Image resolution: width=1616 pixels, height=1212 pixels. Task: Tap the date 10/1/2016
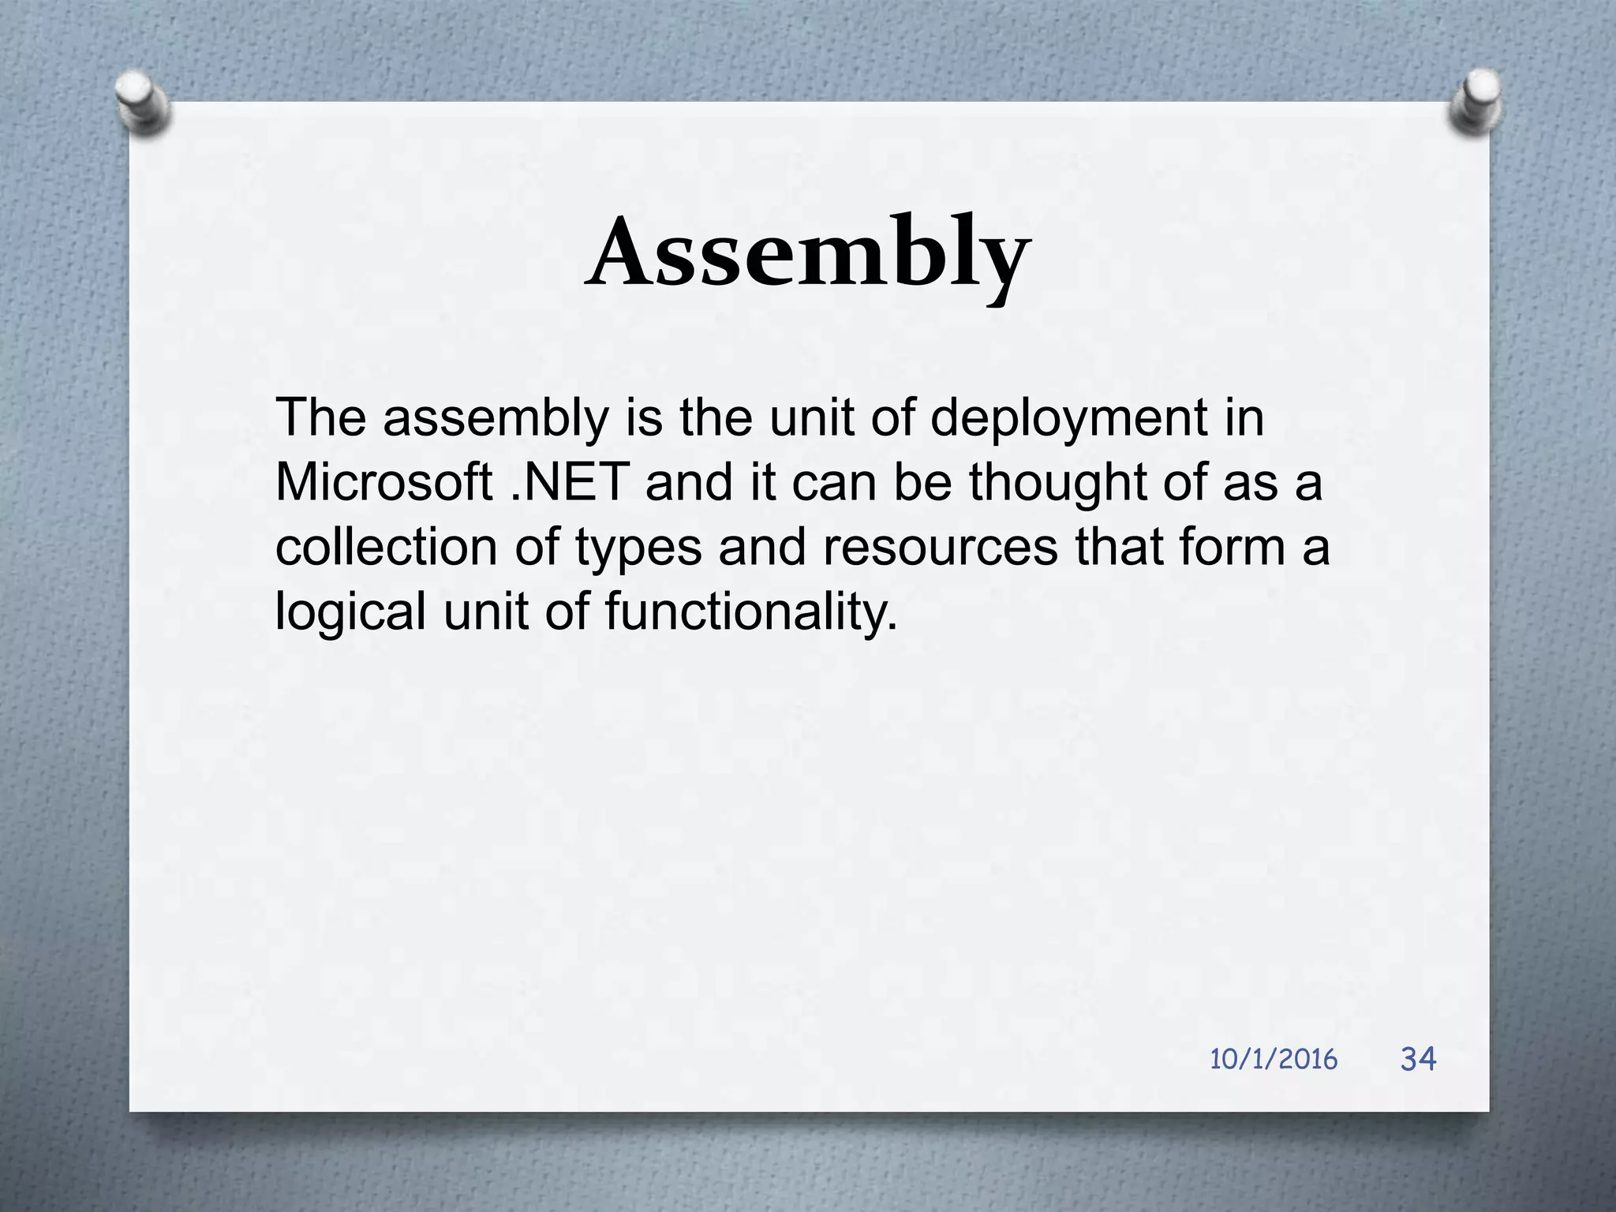1274,1059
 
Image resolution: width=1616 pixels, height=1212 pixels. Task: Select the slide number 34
1418,1058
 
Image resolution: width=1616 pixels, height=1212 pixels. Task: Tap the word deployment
1069,418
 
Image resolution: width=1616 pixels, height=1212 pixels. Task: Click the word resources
940,548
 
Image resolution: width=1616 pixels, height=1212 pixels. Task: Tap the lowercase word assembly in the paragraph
496,418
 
